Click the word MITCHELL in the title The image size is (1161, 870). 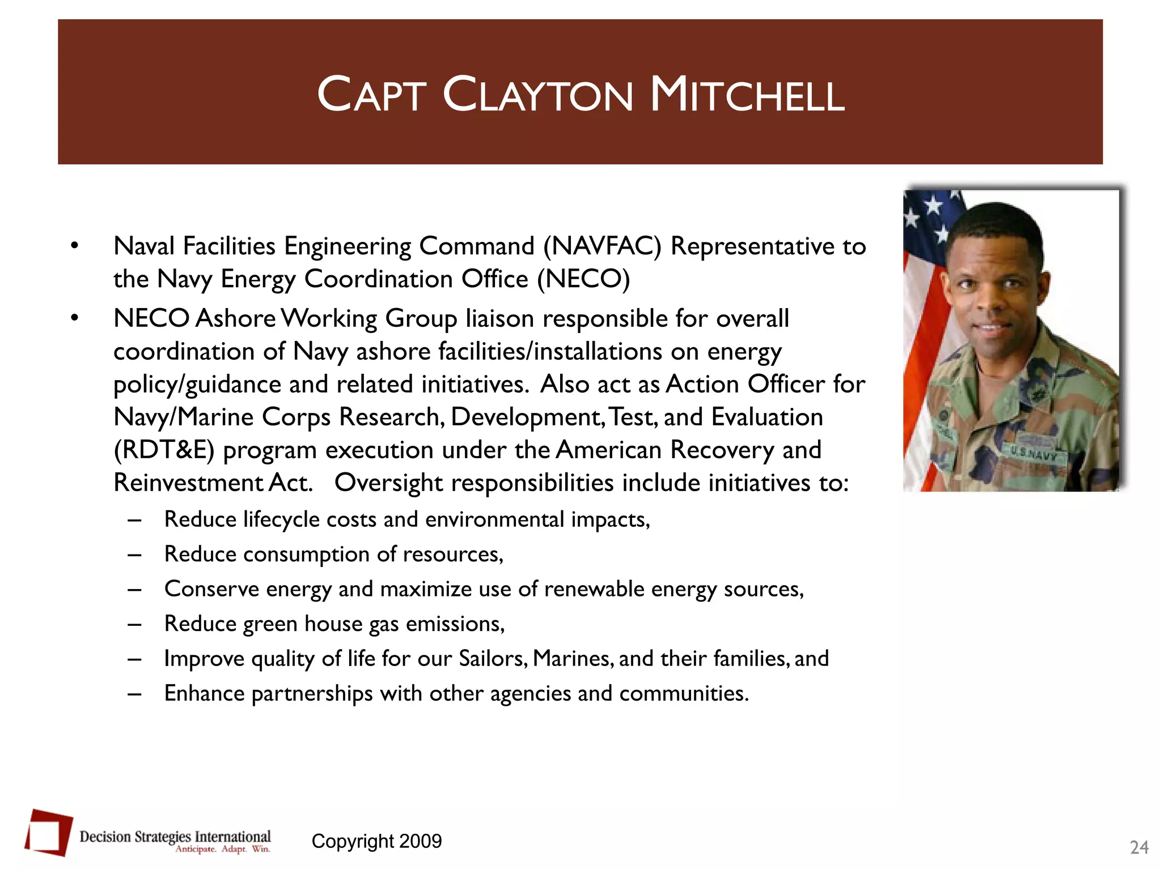[x=747, y=95]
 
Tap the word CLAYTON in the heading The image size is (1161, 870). [x=537, y=95]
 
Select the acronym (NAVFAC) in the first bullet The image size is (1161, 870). [x=602, y=246]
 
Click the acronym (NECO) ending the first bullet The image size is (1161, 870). [x=583, y=279]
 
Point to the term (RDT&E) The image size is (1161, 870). [x=164, y=450]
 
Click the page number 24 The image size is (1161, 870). [x=1139, y=847]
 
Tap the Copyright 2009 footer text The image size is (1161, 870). [x=376, y=841]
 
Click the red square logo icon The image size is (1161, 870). [x=49, y=832]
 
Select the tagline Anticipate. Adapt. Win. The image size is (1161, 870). [x=222, y=849]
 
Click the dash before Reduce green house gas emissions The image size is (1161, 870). [x=134, y=624]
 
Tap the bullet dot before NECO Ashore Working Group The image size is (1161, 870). [x=74, y=318]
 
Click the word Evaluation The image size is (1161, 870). [x=767, y=417]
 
